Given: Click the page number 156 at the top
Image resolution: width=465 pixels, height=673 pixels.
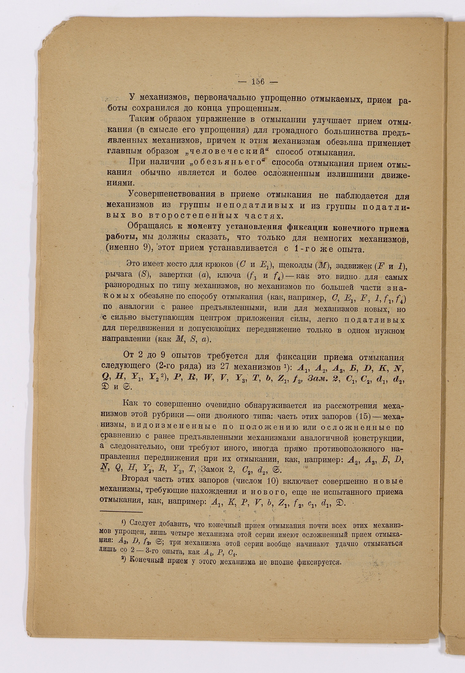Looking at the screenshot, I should [x=258, y=82].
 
